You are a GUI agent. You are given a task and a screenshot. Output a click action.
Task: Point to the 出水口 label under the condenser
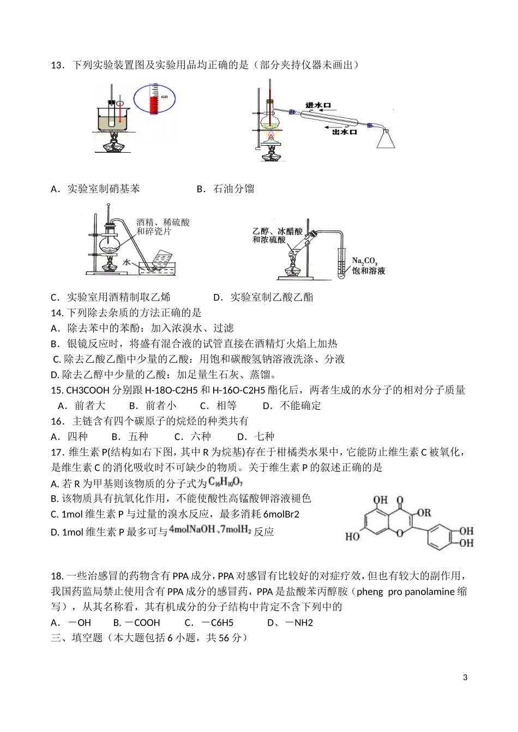pos(345,132)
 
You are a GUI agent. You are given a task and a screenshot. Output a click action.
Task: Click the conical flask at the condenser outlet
pos(386,139)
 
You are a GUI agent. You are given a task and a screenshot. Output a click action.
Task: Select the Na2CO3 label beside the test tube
pos(365,261)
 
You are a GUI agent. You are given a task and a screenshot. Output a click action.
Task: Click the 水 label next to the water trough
pos(127,262)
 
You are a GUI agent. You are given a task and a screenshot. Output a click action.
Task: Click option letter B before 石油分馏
pos(200,189)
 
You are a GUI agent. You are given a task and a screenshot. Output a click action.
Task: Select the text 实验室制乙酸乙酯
pos(272,297)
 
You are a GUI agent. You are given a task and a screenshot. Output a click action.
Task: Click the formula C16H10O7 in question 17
pos(225,483)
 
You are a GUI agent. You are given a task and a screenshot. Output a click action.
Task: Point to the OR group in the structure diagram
pos(423,512)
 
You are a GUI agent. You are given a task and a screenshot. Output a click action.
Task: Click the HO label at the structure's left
pos(352,537)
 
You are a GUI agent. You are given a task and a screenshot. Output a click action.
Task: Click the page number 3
pos(465,678)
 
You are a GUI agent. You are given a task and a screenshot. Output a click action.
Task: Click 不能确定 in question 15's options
pos(300,405)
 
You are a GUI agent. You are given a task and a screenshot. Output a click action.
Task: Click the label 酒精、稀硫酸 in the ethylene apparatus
pos(163,223)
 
